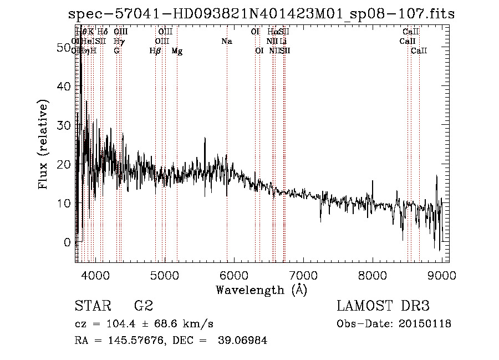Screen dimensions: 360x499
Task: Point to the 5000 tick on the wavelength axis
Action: coord(164,274)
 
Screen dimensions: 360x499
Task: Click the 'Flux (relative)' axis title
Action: coord(43,144)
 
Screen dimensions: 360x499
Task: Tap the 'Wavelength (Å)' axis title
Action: coord(261,290)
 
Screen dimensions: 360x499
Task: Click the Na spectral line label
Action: coord(226,42)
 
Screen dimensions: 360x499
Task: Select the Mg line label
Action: coord(177,51)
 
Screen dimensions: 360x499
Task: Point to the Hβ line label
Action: coord(155,51)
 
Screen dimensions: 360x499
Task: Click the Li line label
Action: coord(283,42)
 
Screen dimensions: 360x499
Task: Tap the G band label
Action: coord(116,51)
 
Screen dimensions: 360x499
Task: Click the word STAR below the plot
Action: coord(91,306)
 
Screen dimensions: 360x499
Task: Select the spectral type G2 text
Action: coord(143,306)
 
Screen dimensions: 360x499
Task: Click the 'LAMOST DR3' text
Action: coord(383,306)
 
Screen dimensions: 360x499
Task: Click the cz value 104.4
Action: coord(121,324)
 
